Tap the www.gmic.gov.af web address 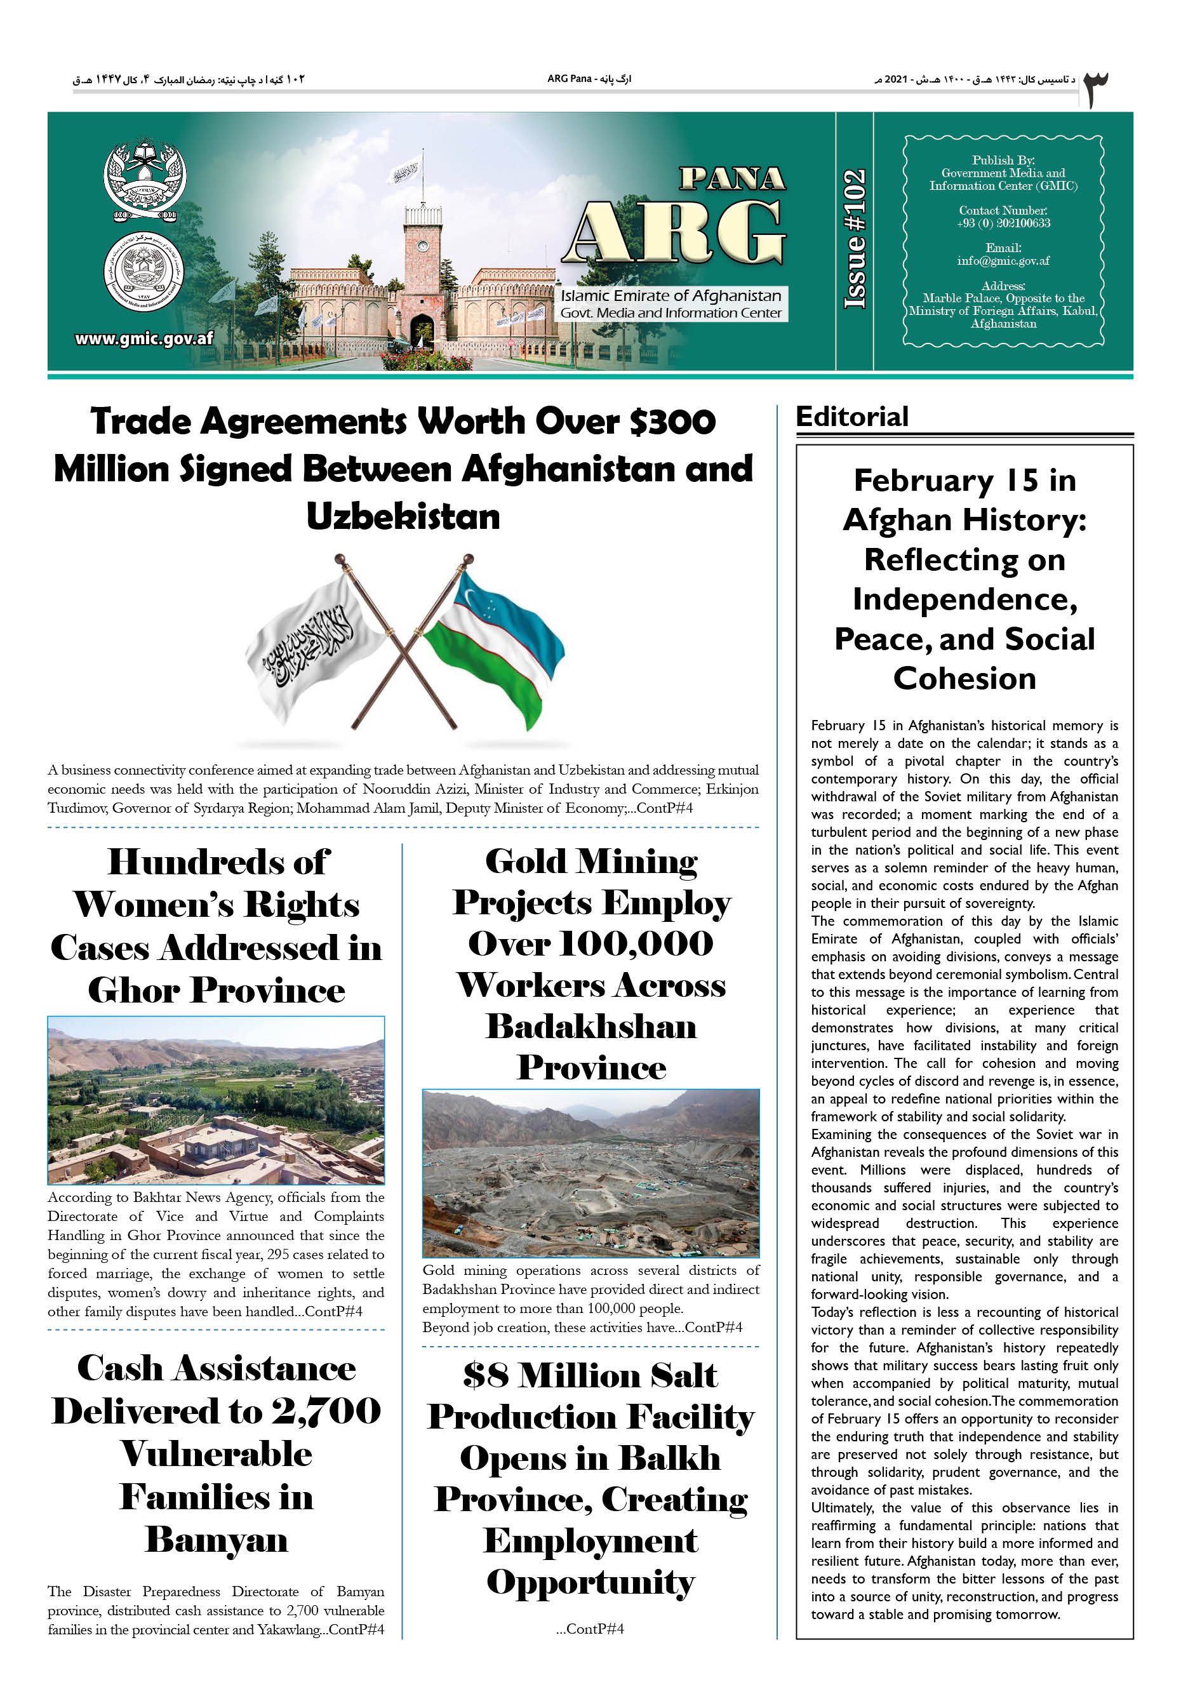pos(144,338)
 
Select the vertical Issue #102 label pos(854,239)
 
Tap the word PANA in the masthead pos(732,178)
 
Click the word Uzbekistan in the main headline pos(403,517)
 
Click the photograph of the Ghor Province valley pos(215,1100)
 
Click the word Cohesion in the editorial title pos(964,678)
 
